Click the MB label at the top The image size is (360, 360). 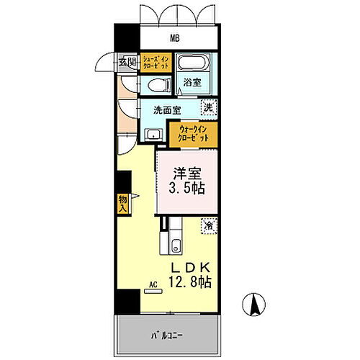point(175,38)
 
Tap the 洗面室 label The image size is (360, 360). point(166,110)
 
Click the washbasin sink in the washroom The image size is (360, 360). point(152,134)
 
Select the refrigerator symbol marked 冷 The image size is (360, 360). point(208,226)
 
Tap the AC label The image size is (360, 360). point(153,285)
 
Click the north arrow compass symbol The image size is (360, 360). point(254,305)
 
